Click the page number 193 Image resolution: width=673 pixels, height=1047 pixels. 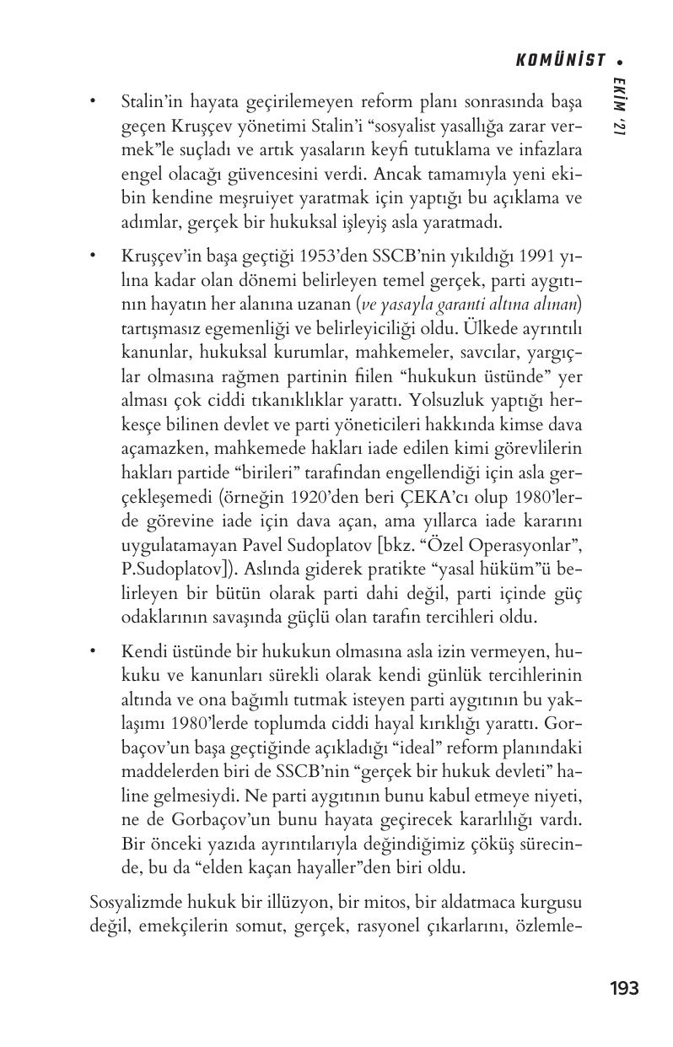pos(624,988)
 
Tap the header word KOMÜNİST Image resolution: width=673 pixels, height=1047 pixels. pos(561,60)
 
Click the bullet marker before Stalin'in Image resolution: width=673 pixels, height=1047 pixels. pos(94,103)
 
